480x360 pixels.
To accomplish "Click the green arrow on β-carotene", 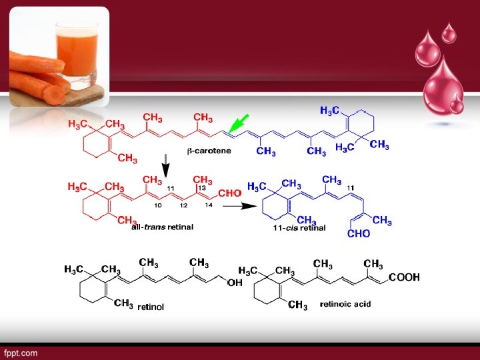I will click(x=238, y=123).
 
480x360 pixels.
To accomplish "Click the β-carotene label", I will click(x=209, y=151).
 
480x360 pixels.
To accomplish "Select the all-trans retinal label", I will click(x=162, y=227).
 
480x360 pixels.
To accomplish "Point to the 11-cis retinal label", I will click(x=299, y=227).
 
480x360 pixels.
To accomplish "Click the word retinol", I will click(x=150, y=308).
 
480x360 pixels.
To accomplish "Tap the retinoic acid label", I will click(x=345, y=304).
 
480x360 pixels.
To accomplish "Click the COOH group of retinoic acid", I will click(x=404, y=277).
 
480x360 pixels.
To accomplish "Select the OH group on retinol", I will click(x=235, y=283).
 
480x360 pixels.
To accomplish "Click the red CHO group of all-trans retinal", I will click(x=229, y=193).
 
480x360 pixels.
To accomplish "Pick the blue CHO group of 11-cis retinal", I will click(x=359, y=234).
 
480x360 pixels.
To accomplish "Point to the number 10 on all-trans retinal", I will click(x=158, y=206).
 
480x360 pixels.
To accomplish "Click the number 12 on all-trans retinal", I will click(x=183, y=206).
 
